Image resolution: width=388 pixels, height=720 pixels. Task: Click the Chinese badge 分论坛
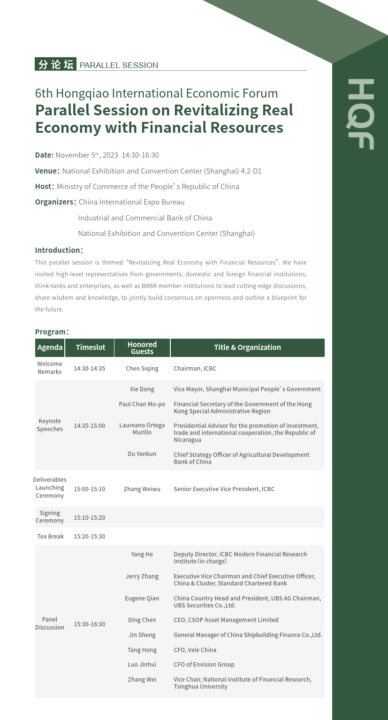(x=55, y=64)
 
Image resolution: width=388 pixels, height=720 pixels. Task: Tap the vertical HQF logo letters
(x=360, y=114)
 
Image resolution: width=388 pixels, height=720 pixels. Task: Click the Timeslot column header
(x=91, y=347)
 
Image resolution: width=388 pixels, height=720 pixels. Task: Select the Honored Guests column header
(x=142, y=348)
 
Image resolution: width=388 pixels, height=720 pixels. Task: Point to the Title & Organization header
(x=247, y=347)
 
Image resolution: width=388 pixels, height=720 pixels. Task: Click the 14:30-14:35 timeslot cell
(x=90, y=368)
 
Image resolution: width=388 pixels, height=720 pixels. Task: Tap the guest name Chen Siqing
(x=142, y=368)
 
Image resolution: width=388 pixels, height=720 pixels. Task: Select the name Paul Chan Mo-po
(x=142, y=404)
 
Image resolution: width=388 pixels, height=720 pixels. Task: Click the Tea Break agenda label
(x=50, y=536)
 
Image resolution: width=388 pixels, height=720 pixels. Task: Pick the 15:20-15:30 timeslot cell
(x=90, y=536)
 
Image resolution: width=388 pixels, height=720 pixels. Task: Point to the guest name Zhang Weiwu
(x=142, y=489)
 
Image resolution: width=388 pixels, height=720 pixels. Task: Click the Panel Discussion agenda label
(x=50, y=623)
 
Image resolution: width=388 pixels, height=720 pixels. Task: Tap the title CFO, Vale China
(x=195, y=650)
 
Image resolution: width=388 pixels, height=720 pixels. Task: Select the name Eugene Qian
(x=142, y=598)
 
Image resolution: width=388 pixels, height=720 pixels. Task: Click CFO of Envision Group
(x=204, y=664)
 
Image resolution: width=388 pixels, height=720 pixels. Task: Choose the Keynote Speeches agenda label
(x=50, y=425)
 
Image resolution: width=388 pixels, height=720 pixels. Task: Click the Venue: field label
(x=47, y=171)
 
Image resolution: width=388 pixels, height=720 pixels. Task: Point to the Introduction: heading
(x=59, y=250)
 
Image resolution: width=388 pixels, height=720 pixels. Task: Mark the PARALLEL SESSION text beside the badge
(x=119, y=65)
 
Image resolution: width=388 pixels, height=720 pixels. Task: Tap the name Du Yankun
(x=142, y=454)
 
